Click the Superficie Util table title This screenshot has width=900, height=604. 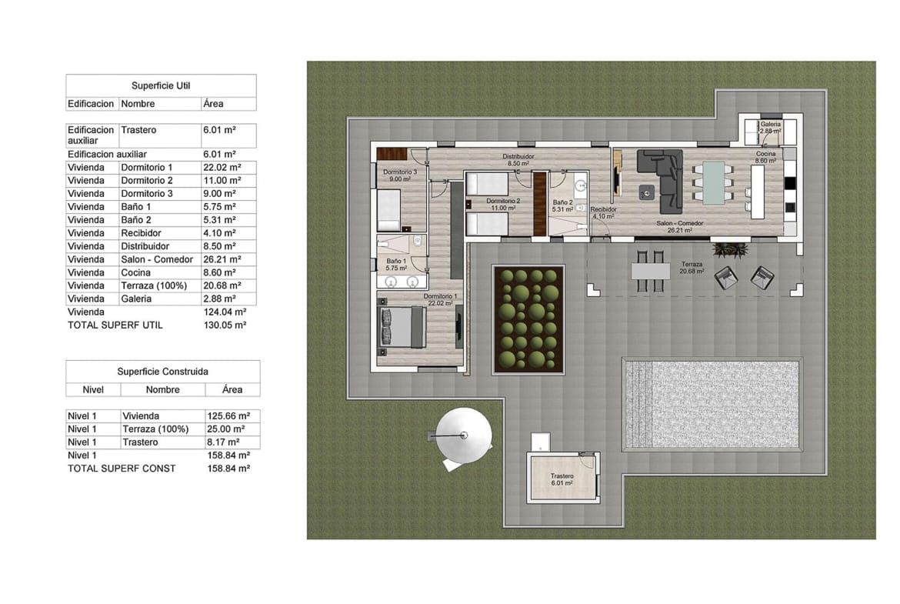pos(161,85)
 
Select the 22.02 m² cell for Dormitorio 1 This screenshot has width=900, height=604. pos(219,168)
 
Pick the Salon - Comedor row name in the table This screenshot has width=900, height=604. pos(157,259)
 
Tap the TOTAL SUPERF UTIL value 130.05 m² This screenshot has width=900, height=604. pos(224,325)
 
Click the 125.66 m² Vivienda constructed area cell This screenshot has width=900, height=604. pos(228,416)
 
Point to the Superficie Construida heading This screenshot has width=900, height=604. pos(162,371)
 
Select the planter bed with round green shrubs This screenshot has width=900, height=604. pos(528,319)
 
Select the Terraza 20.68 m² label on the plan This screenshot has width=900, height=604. pos(692,267)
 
